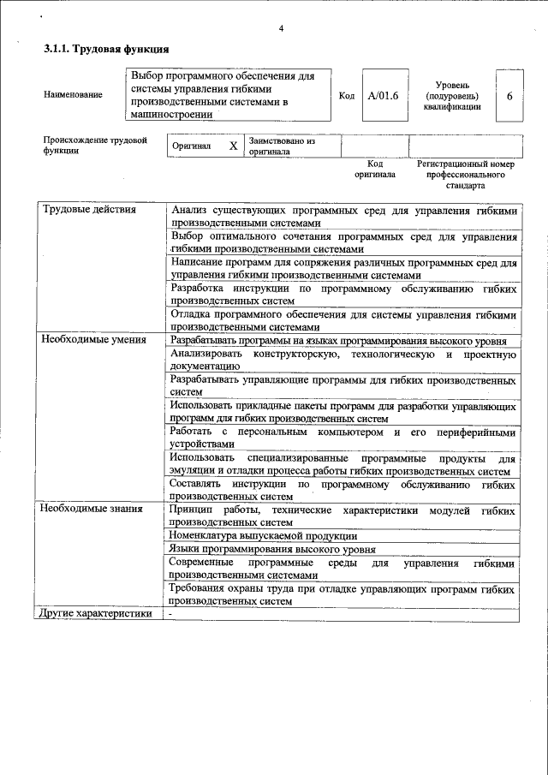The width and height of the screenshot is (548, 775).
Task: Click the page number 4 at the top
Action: pos(281,29)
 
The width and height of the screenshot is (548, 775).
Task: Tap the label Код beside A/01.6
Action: pos(347,95)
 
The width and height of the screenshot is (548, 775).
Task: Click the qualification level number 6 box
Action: pos(509,95)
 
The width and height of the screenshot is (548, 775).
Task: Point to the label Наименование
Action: pos(73,95)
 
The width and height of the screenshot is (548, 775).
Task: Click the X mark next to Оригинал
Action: pos(233,146)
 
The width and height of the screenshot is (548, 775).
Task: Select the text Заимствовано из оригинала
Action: pos(282,146)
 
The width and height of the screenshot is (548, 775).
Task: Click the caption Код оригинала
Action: pos(375,169)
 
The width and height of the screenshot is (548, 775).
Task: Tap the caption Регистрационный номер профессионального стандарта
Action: pos(465,174)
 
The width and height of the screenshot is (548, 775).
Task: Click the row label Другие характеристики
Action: pos(97,614)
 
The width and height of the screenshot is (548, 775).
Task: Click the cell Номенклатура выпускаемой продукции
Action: pos(262,535)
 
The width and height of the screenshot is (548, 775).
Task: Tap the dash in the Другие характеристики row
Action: pos(171,614)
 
